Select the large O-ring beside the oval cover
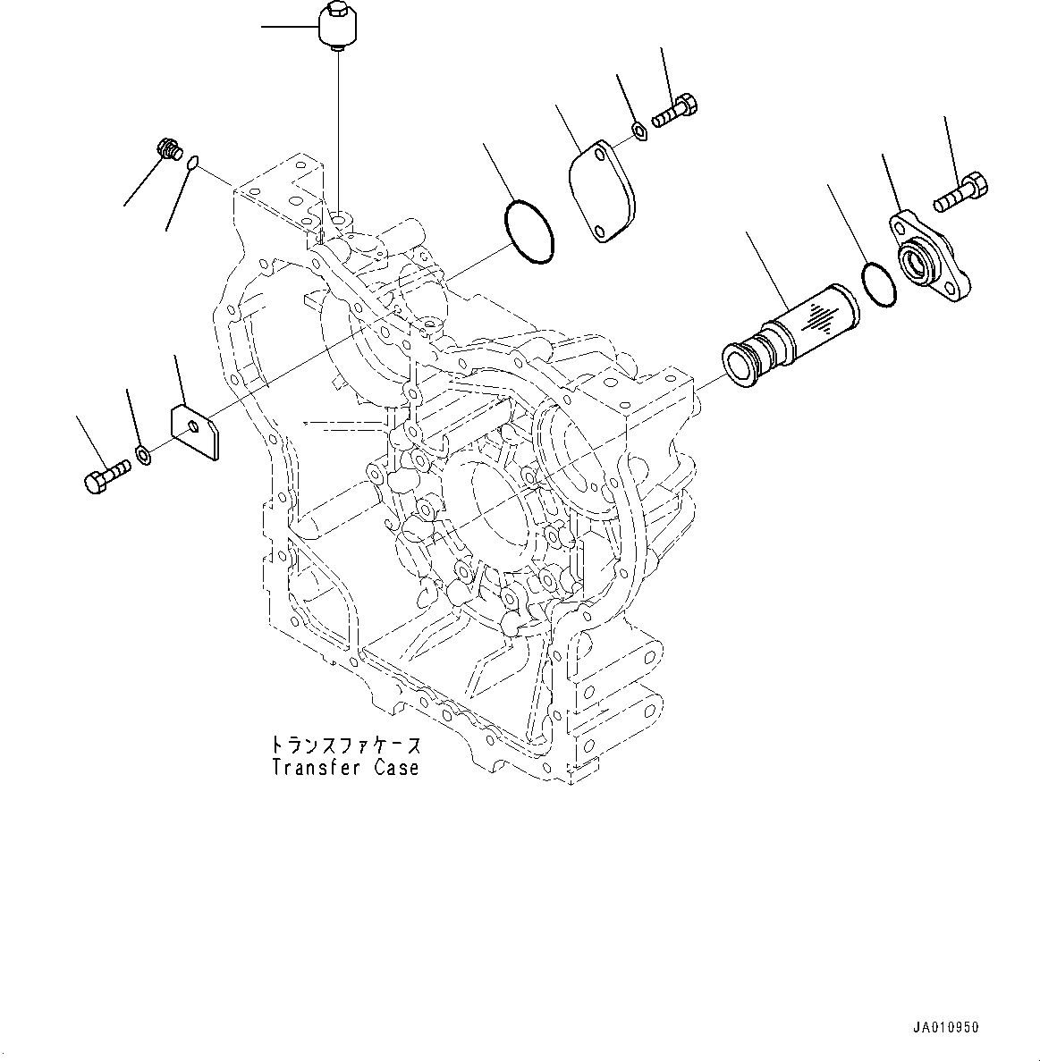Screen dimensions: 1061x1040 coord(529,233)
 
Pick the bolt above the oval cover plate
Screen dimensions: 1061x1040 coord(675,113)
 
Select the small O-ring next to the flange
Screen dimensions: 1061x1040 coord(879,284)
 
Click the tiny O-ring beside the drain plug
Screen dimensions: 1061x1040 coord(193,163)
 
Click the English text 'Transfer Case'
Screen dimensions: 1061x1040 coord(345,767)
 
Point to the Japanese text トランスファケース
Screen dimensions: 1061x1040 coord(345,745)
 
